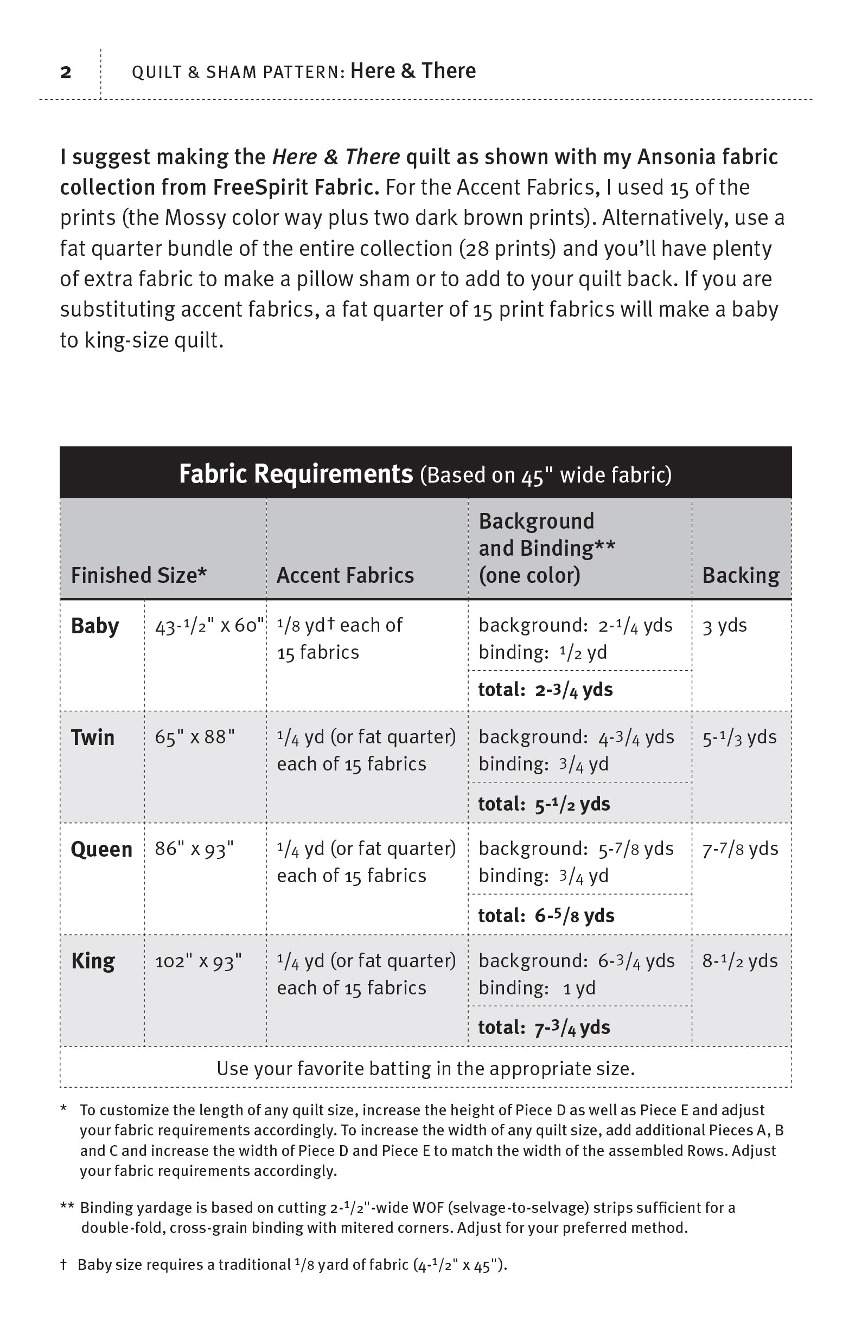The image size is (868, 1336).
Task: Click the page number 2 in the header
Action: [66, 73]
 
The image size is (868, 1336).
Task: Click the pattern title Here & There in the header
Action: [413, 71]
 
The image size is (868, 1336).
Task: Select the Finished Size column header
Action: [139, 575]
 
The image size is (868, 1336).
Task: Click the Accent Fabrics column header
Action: [345, 575]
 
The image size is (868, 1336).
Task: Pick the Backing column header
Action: [741, 575]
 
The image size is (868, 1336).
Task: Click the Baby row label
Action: [95, 626]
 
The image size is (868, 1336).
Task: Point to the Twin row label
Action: [93, 737]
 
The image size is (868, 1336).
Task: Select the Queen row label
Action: [101, 849]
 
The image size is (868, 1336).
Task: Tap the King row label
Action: [93, 961]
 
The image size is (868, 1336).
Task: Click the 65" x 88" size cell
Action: [195, 737]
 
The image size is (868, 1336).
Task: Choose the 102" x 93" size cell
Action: [199, 961]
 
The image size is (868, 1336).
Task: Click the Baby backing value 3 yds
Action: [725, 626]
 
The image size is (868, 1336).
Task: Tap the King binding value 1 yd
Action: [579, 988]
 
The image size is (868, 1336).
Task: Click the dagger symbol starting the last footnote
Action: [63, 1265]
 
